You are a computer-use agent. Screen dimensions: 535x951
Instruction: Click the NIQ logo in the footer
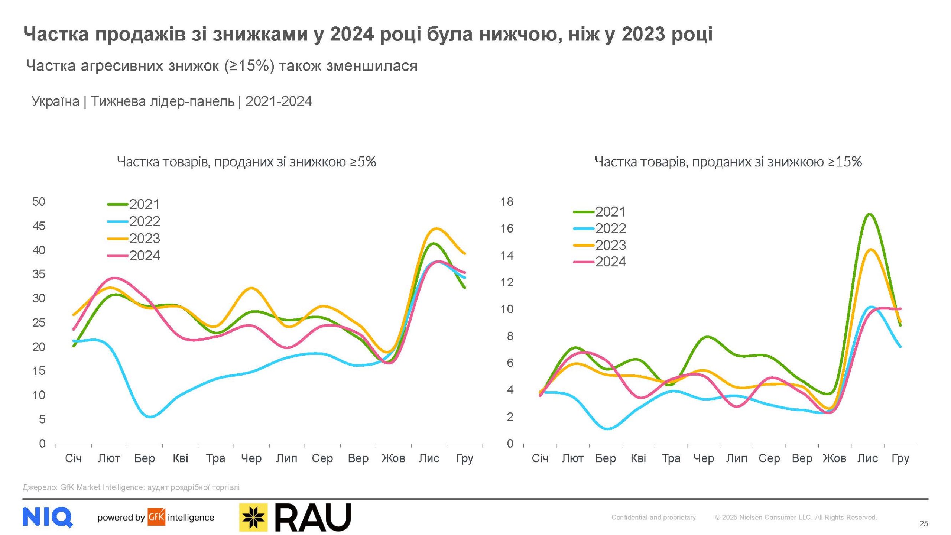tap(48, 517)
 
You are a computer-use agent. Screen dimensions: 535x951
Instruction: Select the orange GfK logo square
tap(156, 517)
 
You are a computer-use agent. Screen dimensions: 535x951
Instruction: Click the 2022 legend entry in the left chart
tap(134, 221)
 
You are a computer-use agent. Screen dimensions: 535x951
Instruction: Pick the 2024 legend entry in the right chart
tap(600, 262)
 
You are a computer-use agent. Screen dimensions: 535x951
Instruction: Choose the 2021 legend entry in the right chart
tap(600, 212)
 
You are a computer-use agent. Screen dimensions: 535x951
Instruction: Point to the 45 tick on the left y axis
tap(39, 226)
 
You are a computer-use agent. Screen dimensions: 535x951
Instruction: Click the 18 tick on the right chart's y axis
tap(507, 202)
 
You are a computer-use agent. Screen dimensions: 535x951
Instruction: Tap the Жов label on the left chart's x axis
tap(393, 458)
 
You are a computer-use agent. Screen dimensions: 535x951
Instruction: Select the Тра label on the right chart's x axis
tap(671, 458)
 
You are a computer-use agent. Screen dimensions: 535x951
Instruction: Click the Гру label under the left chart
tap(464, 458)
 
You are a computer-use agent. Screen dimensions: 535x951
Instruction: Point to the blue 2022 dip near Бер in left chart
tap(150, 416)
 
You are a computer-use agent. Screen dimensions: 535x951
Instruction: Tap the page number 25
tap(924, 523)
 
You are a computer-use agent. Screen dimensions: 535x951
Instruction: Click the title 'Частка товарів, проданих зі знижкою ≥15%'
tap(728, 162)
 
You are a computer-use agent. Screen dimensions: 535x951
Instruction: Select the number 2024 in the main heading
tap(351, 34)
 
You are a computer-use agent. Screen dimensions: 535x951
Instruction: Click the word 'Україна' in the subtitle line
tap(55, 101)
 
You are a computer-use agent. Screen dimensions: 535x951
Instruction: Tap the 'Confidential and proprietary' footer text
tap(653, 517)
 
